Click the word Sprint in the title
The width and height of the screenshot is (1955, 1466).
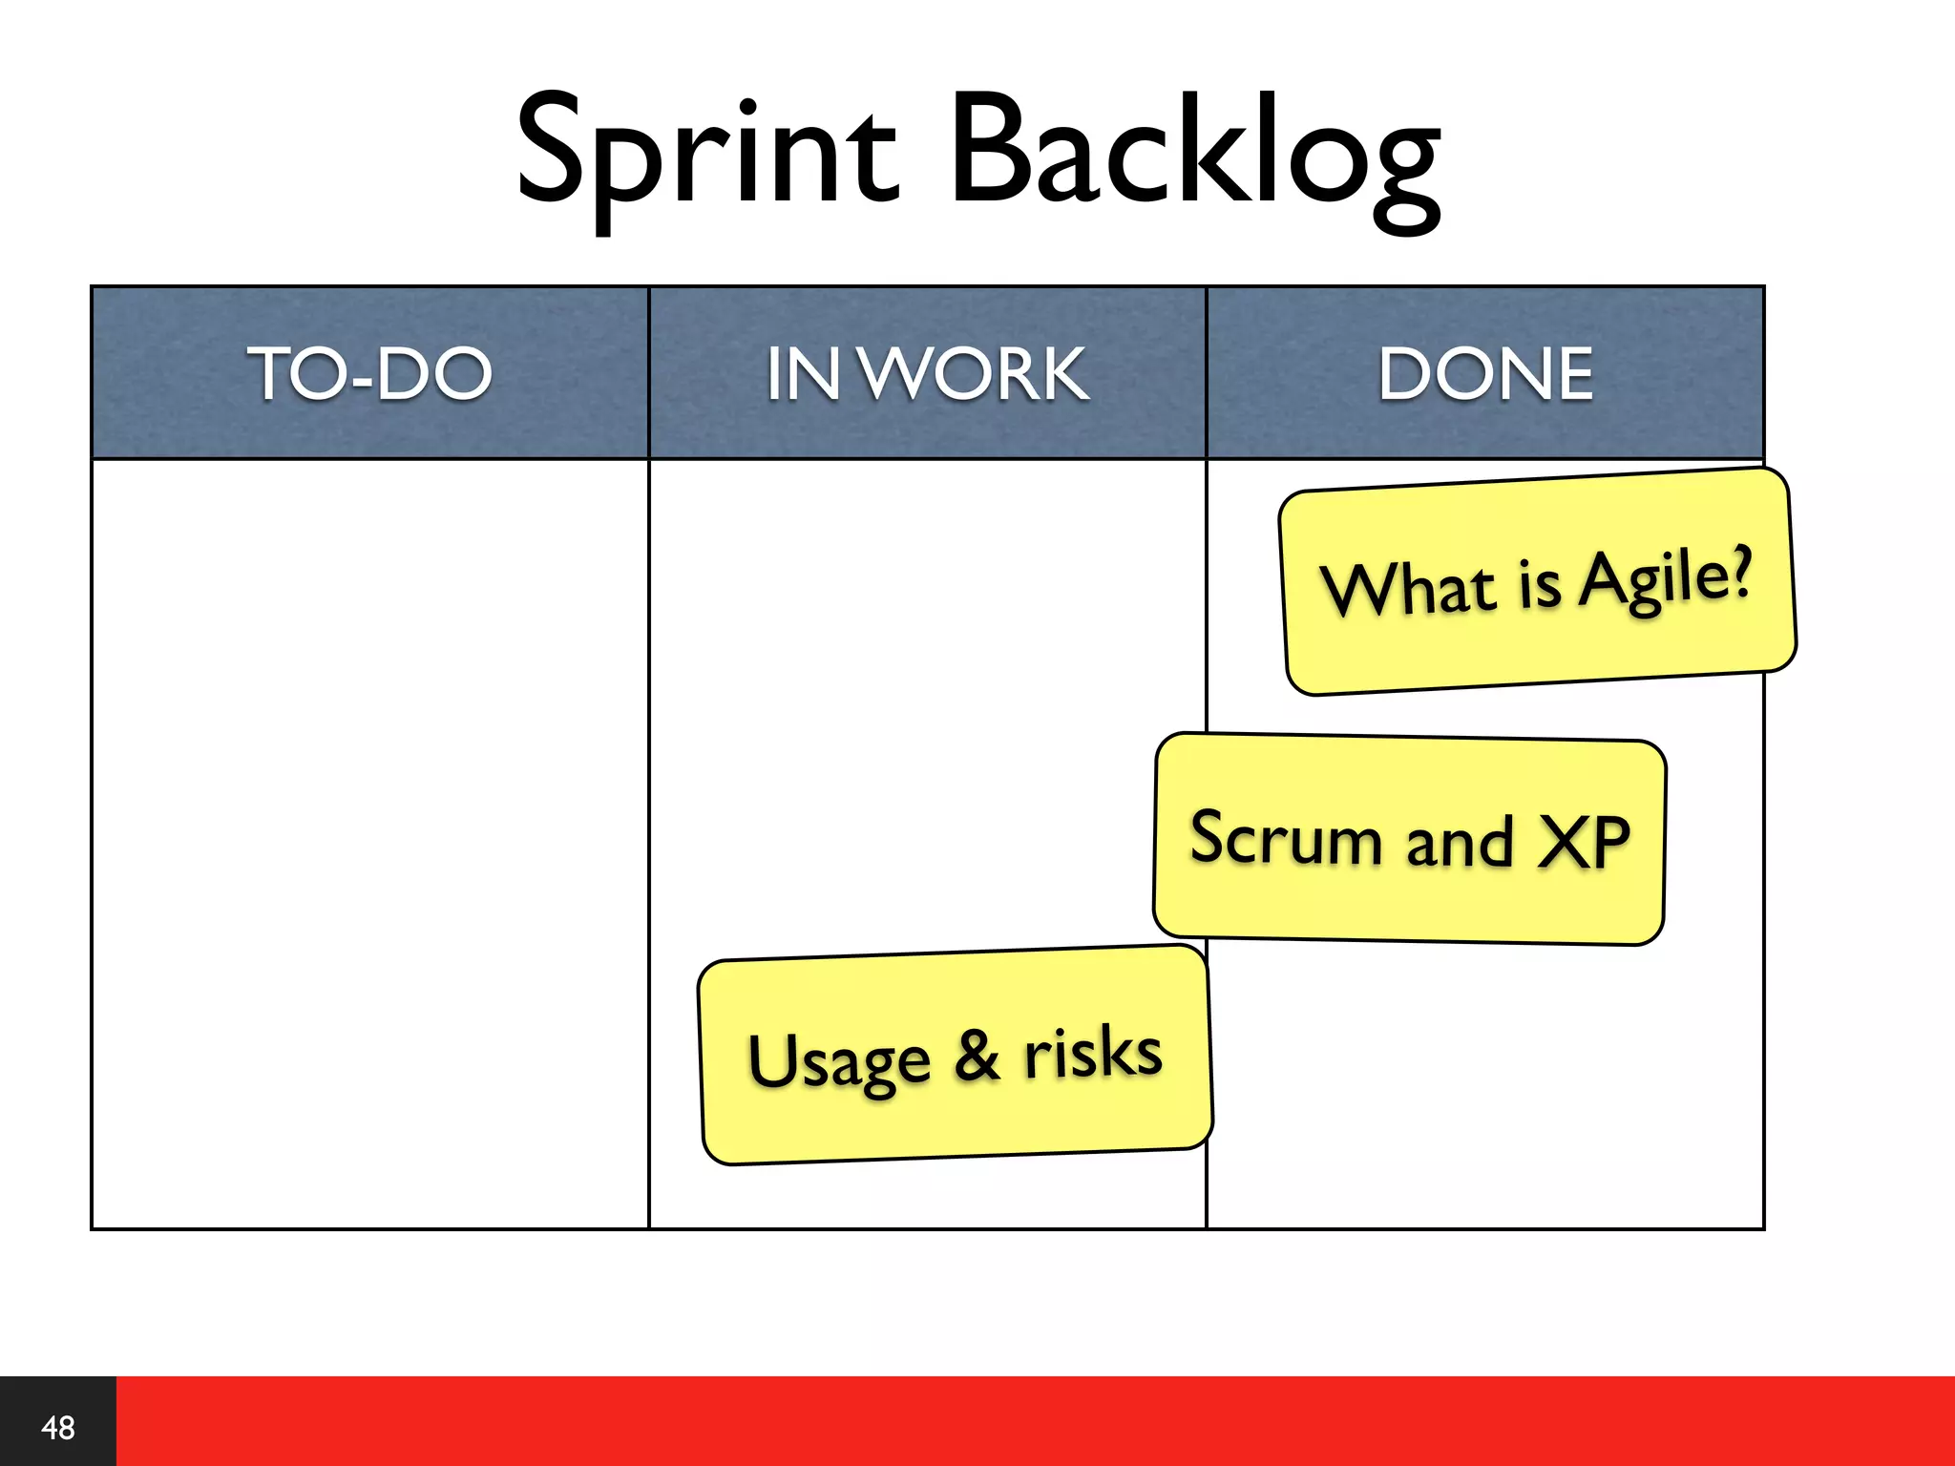(x=706, y=153)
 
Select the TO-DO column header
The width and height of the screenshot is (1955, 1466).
(x=370, y=373)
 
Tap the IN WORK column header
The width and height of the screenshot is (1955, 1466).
(x=927, y=373)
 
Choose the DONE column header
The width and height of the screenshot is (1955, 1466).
(x=1485, y=373)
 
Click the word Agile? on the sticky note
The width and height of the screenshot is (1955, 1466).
(x=1665, y=578)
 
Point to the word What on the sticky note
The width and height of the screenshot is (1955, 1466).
(x=1408, y=589)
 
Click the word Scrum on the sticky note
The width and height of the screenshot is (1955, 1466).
(x=1285, y=838)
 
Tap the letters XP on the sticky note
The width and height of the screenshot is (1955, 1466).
(x=1583, y=843)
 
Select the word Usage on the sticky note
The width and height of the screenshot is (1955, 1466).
(x=838, y=1061)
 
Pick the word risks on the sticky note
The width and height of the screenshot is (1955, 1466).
(x=1093, y=1052)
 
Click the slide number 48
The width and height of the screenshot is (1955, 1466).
(x=58, y=1428)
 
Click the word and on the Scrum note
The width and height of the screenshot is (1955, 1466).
(x=1460, y=842)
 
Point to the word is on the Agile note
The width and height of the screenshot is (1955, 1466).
(x=1539, y=583)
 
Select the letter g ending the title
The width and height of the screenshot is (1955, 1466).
(x=1406, y=177)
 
